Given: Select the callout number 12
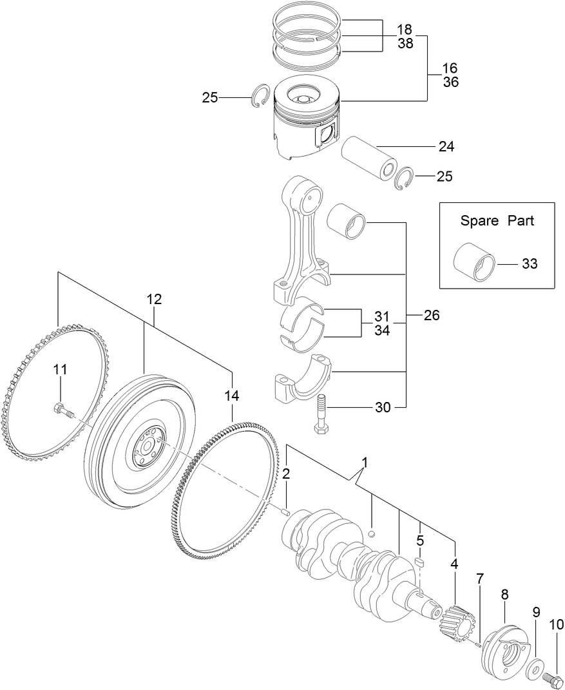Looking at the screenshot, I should coord(154,299).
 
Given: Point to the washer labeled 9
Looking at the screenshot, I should coord(534,669).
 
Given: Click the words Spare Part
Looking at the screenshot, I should coord(497,220).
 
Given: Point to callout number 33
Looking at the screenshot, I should coord(529,264).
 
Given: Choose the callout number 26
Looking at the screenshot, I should coord(432,316).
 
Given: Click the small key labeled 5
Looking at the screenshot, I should coord(420,563).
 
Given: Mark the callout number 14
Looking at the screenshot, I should coord(231,395).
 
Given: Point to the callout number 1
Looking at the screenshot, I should coord(365,463).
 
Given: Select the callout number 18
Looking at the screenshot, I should coord(404,30).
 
